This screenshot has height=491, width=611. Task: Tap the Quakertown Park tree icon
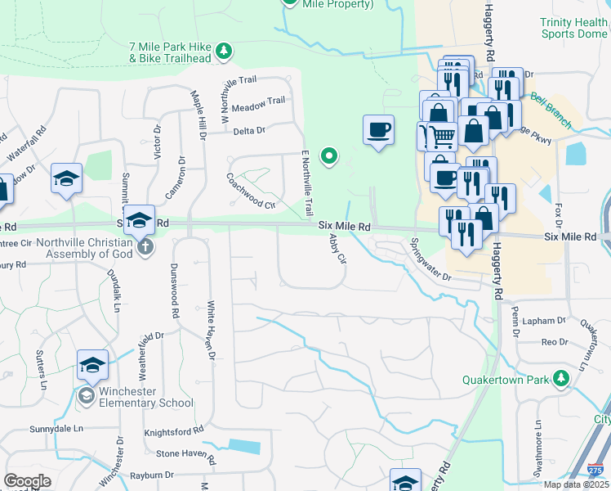[560, 379]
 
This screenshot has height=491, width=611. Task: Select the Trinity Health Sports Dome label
[574, 29]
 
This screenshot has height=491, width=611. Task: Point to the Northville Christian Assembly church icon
[145, 246]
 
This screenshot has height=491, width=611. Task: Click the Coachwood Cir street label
[251, 190]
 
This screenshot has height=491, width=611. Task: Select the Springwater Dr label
[430, 260]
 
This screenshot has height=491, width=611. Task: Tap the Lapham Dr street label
[547, 322]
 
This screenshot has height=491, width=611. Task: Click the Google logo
[27, 480]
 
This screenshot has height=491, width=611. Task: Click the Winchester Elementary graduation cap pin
[93, 366]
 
